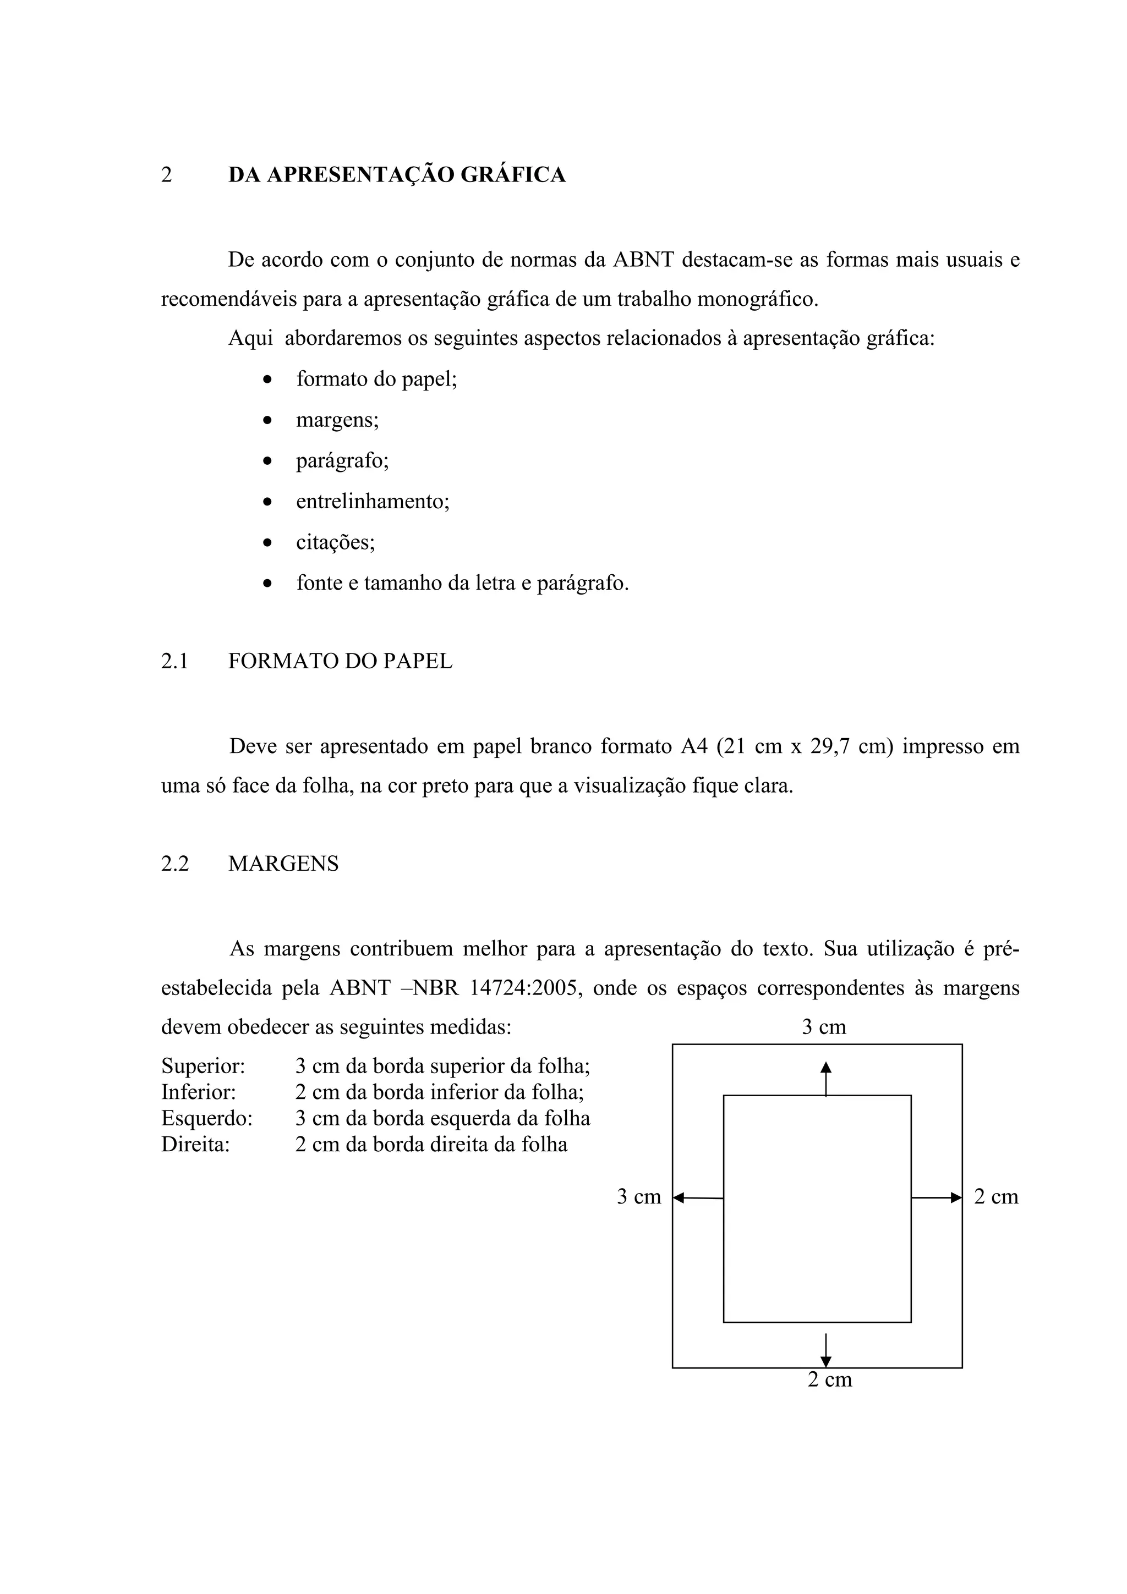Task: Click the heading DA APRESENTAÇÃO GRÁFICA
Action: (397, 175)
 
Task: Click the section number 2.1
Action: (175, 661)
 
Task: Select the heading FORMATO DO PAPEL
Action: (340, 661)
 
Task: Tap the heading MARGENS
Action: (283, 864)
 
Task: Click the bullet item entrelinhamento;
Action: (373, 501)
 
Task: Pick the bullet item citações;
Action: (335, 542)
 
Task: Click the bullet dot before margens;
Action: (268, 421)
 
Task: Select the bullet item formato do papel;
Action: (376, 379)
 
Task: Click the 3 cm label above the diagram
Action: (824, 1027)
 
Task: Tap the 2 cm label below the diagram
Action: (830, 1379)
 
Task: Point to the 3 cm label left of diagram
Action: (639, 1197)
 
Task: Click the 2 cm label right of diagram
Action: (996, 1197)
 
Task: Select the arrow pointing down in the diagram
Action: (825, 1350)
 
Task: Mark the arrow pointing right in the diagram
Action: (936, 1197)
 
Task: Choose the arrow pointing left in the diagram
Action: (698, 1197)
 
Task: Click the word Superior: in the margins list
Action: (203, 1065)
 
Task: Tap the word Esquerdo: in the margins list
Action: (207, 1118)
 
